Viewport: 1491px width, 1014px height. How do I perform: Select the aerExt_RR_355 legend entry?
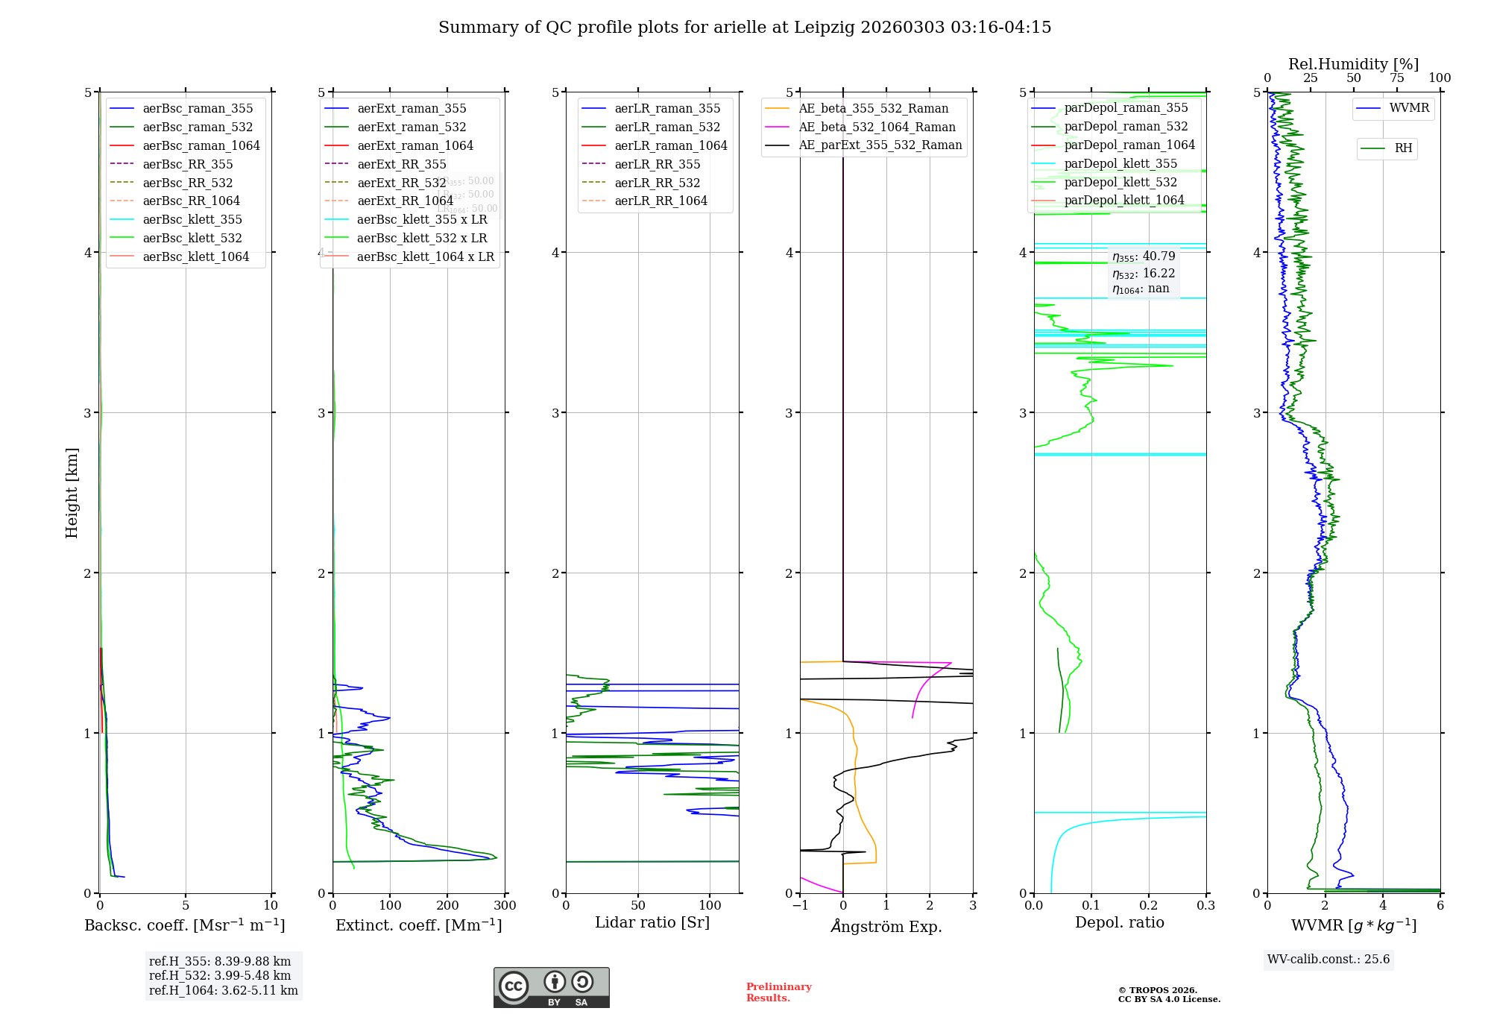coord(402,164)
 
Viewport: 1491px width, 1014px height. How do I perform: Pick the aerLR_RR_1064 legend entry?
coord(661,201)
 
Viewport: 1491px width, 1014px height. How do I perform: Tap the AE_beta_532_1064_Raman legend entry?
coord(877,127)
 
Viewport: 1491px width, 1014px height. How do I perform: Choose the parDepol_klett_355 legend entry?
coord(1120,163)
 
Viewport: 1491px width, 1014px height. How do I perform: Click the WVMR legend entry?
coord(1409,108)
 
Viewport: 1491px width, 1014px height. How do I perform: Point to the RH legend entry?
coord(1403,148)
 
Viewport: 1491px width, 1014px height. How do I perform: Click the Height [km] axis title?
coord(72,493)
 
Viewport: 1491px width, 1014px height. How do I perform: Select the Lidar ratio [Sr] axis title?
coord(652,922)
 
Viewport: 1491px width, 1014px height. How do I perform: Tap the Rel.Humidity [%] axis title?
coord(1353,64)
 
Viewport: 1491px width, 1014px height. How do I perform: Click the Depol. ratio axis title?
coord(1119,922)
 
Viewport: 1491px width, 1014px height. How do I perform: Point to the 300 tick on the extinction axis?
coord(505,905)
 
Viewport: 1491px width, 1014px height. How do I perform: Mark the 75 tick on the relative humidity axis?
coord(1397,78)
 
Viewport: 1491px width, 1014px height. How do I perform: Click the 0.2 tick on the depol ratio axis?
coord(1149,905)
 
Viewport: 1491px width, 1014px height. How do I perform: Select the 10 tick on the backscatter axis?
coord(271,905)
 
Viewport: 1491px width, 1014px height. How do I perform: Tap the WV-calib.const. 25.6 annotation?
coord(1328,959)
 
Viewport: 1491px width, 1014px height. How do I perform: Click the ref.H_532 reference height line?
coord(220,975)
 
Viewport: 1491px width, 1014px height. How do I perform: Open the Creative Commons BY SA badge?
coord(551,988)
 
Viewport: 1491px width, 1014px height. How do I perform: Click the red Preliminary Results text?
coord(778,992)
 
